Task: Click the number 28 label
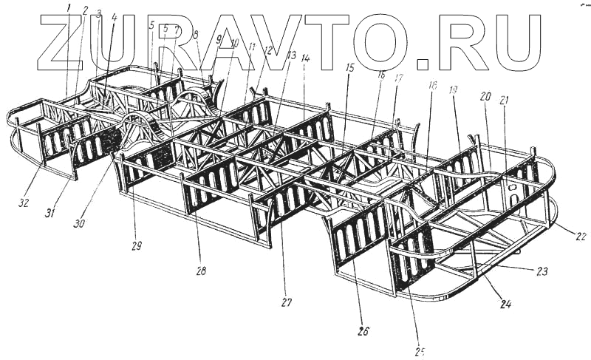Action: click(x=201, y=271)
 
